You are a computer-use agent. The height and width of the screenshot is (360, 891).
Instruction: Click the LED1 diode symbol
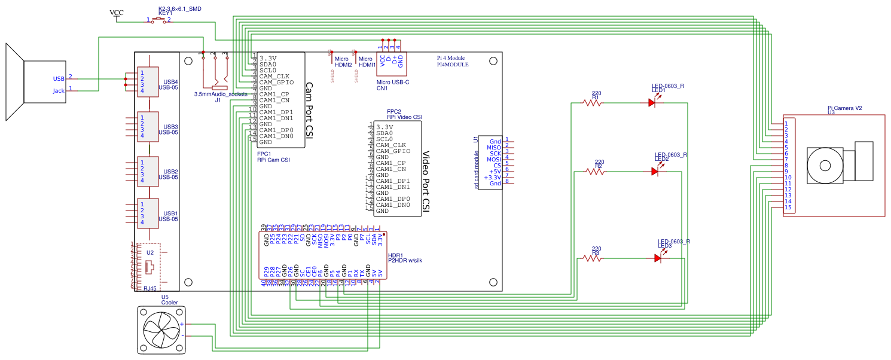(652, 103)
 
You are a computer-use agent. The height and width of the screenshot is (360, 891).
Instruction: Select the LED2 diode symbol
(655, 172)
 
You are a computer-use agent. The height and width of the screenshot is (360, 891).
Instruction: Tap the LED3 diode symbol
(658, 258)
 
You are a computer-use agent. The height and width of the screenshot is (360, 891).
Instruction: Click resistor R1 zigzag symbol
(593, 103)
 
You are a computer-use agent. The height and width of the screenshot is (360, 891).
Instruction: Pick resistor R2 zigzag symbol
(595, 172)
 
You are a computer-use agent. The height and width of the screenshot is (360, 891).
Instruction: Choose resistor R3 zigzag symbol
(593, 258)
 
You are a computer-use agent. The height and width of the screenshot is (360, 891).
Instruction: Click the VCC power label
(117, 13)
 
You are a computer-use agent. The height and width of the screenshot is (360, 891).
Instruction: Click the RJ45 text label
(151, 289)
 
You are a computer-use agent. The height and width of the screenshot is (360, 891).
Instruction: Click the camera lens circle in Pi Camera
(825, 165)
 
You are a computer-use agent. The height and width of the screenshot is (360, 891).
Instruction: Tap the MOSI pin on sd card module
(493, 159)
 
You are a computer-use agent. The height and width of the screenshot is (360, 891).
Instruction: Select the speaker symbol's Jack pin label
(59, 91)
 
